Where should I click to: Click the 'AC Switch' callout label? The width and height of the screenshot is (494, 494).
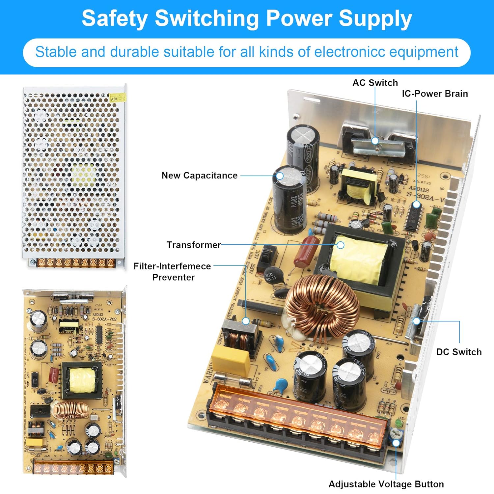375,83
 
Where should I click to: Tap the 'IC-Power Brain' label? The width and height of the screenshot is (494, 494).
434,94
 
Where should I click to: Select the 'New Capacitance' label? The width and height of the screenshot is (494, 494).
199,176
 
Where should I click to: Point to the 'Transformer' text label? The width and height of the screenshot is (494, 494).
194,245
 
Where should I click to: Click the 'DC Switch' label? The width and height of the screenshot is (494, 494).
459,352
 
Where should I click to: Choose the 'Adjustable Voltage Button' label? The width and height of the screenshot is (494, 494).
386,484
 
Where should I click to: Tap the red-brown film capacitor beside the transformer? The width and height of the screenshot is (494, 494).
306,251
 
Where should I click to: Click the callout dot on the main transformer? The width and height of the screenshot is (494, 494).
341,245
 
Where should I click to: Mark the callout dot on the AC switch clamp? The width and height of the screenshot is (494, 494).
375,141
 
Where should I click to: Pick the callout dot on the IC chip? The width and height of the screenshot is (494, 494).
416,205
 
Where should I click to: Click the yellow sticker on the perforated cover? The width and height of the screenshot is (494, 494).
118,97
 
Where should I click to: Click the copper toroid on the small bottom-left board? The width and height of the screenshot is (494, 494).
70,410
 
